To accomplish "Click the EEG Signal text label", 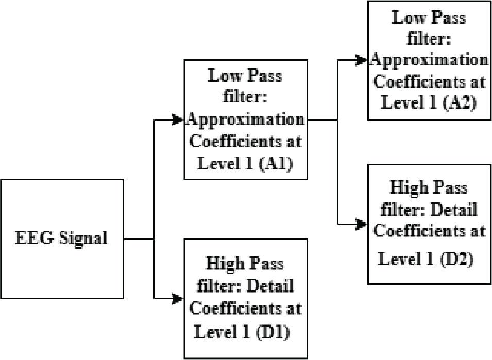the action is click(61, 238).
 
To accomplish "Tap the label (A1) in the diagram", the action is click(276, 163).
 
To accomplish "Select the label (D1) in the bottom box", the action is click(273, 332).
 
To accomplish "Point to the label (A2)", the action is click(460, 102).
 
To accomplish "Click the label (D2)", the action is click(456, 259).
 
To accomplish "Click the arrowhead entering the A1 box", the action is click(178, 120).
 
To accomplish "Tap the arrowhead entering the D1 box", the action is click(178, 299).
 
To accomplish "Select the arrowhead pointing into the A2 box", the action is click(362, 60).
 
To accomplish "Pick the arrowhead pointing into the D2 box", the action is click(362, 224).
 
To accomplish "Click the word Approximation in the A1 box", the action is click(245, 121).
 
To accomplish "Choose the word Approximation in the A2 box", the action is click(429, 60).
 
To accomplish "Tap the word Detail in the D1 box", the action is click(270, 286).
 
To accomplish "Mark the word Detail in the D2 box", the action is click(454, 209).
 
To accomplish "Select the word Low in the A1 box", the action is click(224, 76).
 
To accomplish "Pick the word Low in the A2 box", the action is click(408, 17).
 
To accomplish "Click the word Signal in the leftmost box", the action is click(83, 238).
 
